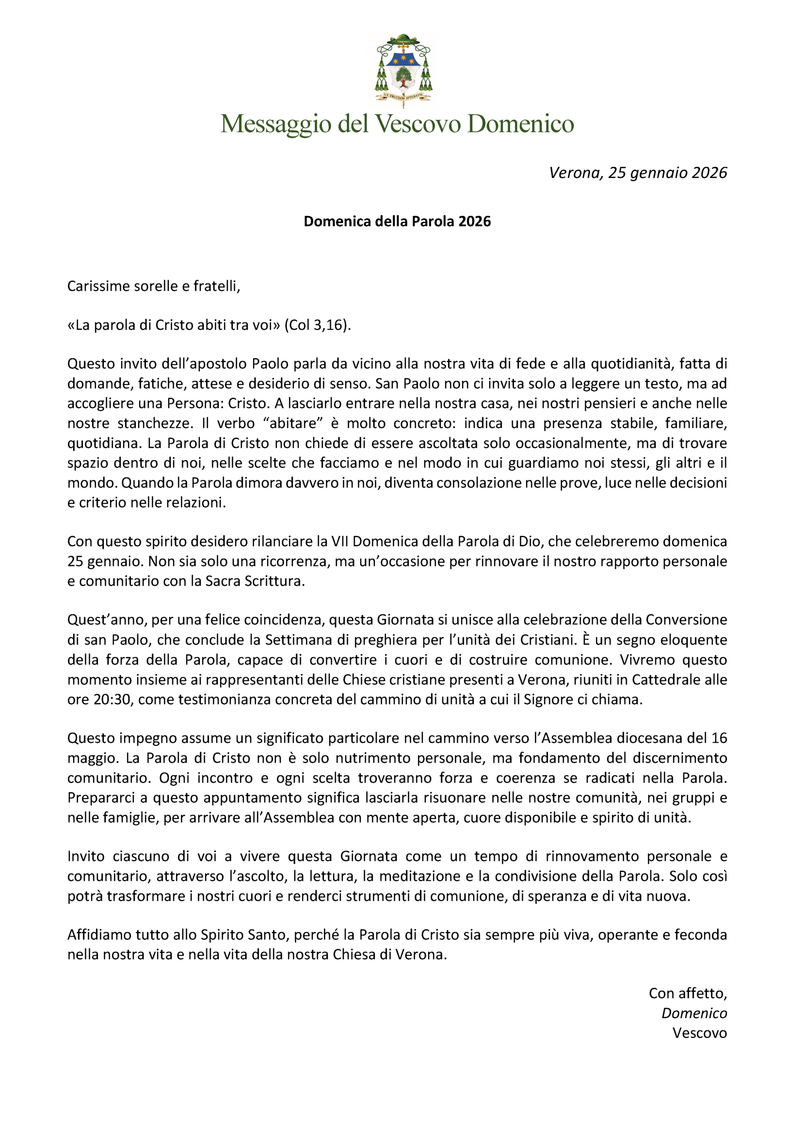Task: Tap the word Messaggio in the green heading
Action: point(275,124)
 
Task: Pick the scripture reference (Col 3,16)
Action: point(317,325)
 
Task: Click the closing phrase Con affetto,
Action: point(687,993)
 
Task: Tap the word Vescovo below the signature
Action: point(699,1033)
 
